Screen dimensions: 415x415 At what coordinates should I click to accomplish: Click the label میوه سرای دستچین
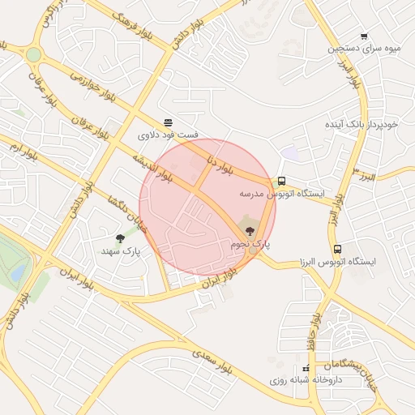pyautogui.click(x=364, y=49)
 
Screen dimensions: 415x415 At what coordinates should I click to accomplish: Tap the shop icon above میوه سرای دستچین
pyautogui.click(x=364, y=36)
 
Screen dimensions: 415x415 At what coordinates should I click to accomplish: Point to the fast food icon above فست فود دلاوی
pyautogui.click(x=168, y=122)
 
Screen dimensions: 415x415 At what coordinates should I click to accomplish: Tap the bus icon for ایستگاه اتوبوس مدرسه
pyautogui.click(x=281, y=182)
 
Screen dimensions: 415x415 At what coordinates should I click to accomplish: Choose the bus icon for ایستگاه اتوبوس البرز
pyautogui.click(x=337, y=249)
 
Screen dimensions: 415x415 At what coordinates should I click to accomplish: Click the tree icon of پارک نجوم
pyautogui.click(x=249, y=231)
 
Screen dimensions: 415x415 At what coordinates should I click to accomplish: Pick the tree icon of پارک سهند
pyautogui.click(x=120, y=238)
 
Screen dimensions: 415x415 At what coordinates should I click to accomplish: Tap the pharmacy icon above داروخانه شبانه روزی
pyautogui.click(x=306, y=369)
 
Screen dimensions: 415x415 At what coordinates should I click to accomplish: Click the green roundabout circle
pyautogui.click(x=33, y=54)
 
